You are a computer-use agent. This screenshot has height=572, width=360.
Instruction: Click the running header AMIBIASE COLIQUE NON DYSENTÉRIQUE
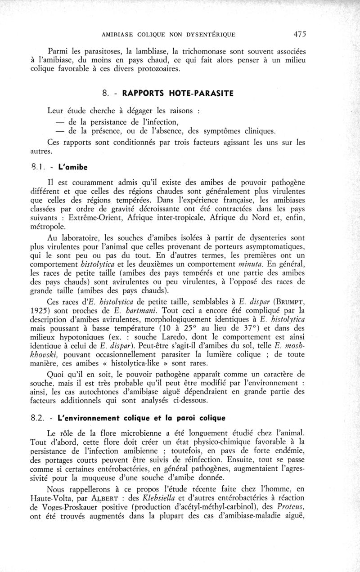(x=169, y=34)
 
